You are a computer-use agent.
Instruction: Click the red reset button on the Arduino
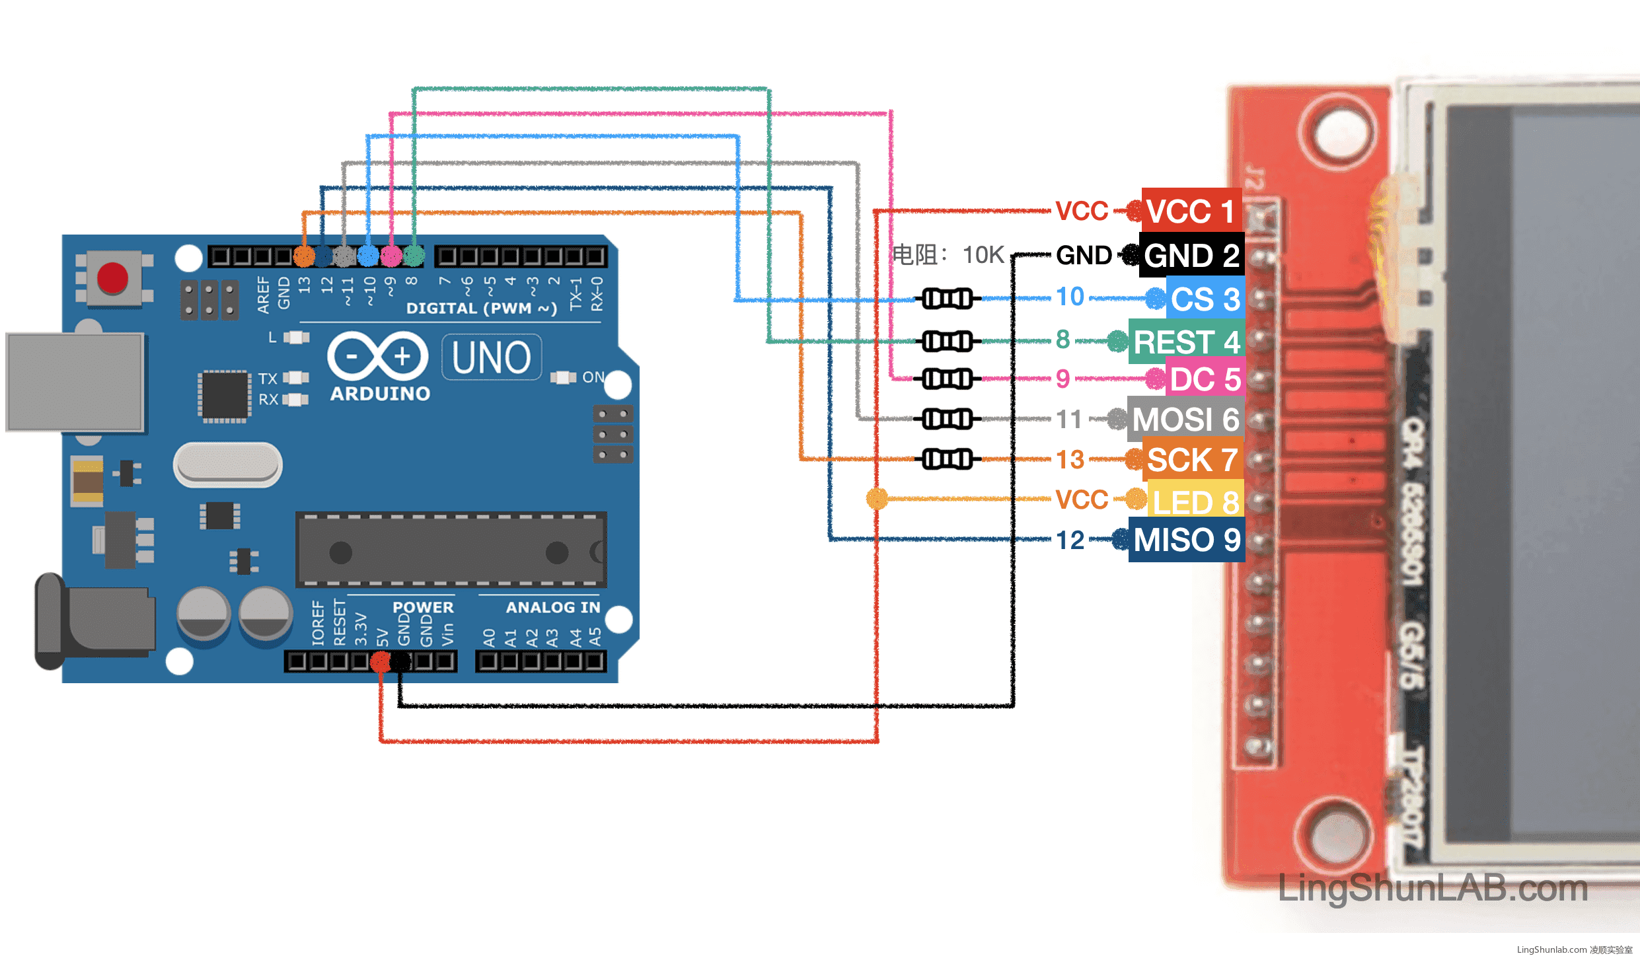(x=112, y=277)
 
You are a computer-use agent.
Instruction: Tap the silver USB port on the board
(x=75, y=382)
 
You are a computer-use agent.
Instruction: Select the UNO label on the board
(x=492, y=357)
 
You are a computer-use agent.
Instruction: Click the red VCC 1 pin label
(x=1191, y=211)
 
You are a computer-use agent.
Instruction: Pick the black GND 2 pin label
(x=1191, y=255)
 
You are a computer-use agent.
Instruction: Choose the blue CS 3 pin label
(x=1205, y=299)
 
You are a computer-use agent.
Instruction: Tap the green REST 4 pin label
(x=1186, y=342)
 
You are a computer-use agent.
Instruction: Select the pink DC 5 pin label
(x=1205, y=379)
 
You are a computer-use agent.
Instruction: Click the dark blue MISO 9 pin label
(x=1186, y=540)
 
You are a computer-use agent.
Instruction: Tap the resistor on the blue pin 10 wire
(x=947, y=299)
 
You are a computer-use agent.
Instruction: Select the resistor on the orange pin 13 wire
(x=947, y=459)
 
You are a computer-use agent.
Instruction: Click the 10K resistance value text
(x=983, y=255)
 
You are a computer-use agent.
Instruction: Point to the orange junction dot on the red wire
(x=877, y=498)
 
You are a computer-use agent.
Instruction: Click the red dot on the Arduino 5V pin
(x=381, y=661)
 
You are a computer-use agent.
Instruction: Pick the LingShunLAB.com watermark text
(x=1433, y=888)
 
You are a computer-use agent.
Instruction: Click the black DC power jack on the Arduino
(x=96, y=621)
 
